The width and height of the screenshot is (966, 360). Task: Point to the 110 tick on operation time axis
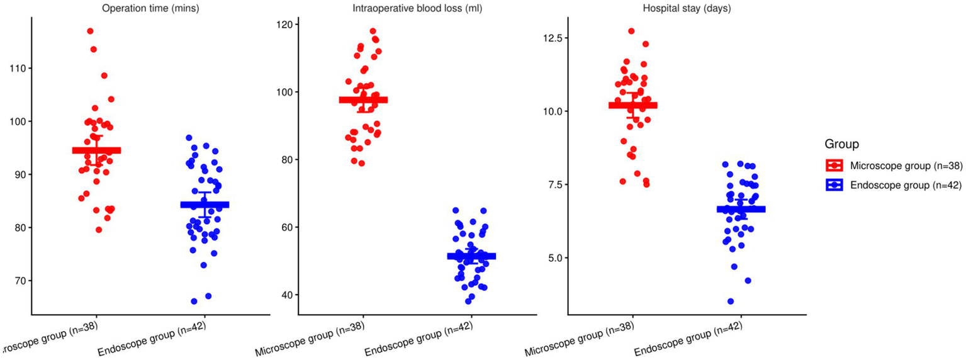click(17, 68)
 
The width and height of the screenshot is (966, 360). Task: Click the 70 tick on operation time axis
click(17, 281)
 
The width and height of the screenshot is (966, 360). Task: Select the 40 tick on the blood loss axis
click(286, 295)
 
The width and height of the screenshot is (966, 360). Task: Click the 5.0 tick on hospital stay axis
click(552, 258)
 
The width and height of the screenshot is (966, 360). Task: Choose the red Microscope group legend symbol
click(834, 166)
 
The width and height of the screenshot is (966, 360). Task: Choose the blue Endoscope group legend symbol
click(834, 184)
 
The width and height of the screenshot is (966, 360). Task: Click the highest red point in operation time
click(90, 31)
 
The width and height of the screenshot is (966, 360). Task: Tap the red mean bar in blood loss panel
click(363, 99)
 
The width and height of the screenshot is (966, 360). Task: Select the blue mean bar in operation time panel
click(205, 205)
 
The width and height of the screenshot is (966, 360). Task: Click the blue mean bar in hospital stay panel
click(741, 209)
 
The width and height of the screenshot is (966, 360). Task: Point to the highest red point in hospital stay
click(631, 31)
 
